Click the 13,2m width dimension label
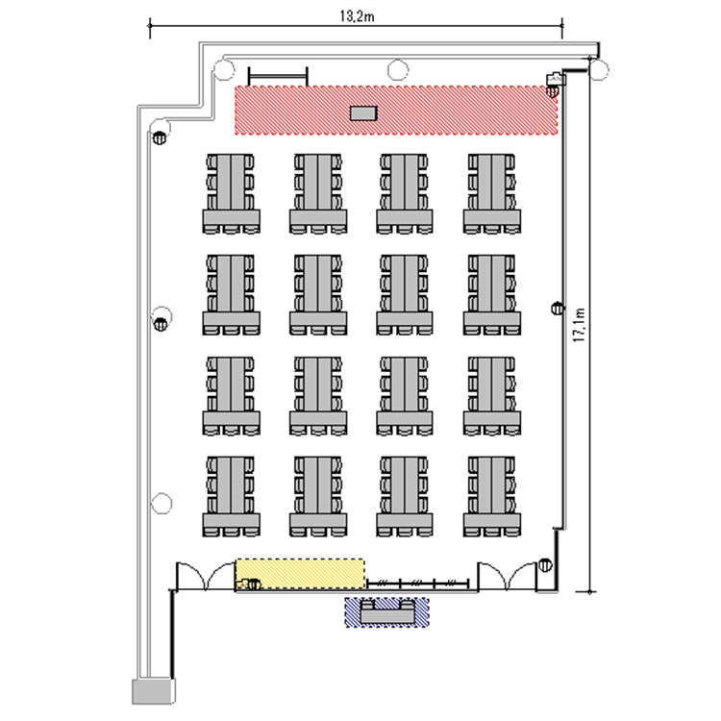pyautogui.click(x=357, y=16)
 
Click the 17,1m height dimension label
pyautogui.click(x=580, y=325)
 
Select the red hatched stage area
pyautogui.click(x=396, y=110)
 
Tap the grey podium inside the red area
pyautogui.click(x=363, y=113)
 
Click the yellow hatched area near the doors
pyautogui.click(x=300, y=574)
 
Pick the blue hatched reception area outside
pyautogui.click(x=387, y=612)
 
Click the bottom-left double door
pyautogui.click(x=206, y=576)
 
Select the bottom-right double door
pyautogui.click(x=508, y=576)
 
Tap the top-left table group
pyautogui.click(x=232, y=193)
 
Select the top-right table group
pyautogui.click(x=492, y=193)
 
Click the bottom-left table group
pyautogui.click(x=232, y=496)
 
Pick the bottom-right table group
pyautogui.click(x=492, y=496)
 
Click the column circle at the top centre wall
pyautogui.click(x=398, y=70)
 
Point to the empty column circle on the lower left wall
pyautogui.click(x=162, y=503)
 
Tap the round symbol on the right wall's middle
pyautogui.click(x=558, y=308)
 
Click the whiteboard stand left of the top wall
pyautogui.click(x=278, y=76)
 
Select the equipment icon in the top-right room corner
pyautogui.click(x=556, y=80)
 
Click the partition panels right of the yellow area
pyautogui.click(x=417, y=584)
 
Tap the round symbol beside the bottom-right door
pyautogui.click(x=545, y=564)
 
